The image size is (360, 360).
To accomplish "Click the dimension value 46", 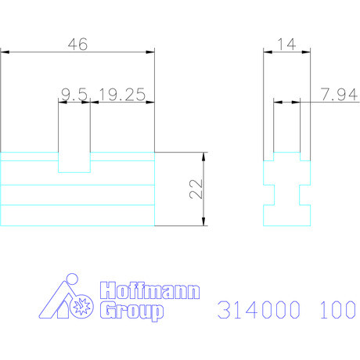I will [x=77, y=45].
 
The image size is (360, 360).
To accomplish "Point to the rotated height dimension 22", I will [x=196, y=188].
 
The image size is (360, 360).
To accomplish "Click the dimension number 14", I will [x=286, y=45].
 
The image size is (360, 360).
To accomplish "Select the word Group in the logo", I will [x=130, y=311].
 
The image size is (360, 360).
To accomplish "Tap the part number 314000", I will [x=261, y=311].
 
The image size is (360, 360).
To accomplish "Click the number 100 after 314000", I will [x=337, y=311].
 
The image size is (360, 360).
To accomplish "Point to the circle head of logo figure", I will [x=72, y=279].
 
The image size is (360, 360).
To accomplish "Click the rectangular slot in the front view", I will [x=75, y=161].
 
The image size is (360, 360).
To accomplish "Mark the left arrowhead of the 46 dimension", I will [x=4, y=52].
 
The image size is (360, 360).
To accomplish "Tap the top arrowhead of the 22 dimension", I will [x=204, y=155].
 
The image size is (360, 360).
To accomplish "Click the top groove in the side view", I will [x=287, y=156].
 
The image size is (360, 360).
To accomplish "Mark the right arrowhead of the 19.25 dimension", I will [x=151, y=102].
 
